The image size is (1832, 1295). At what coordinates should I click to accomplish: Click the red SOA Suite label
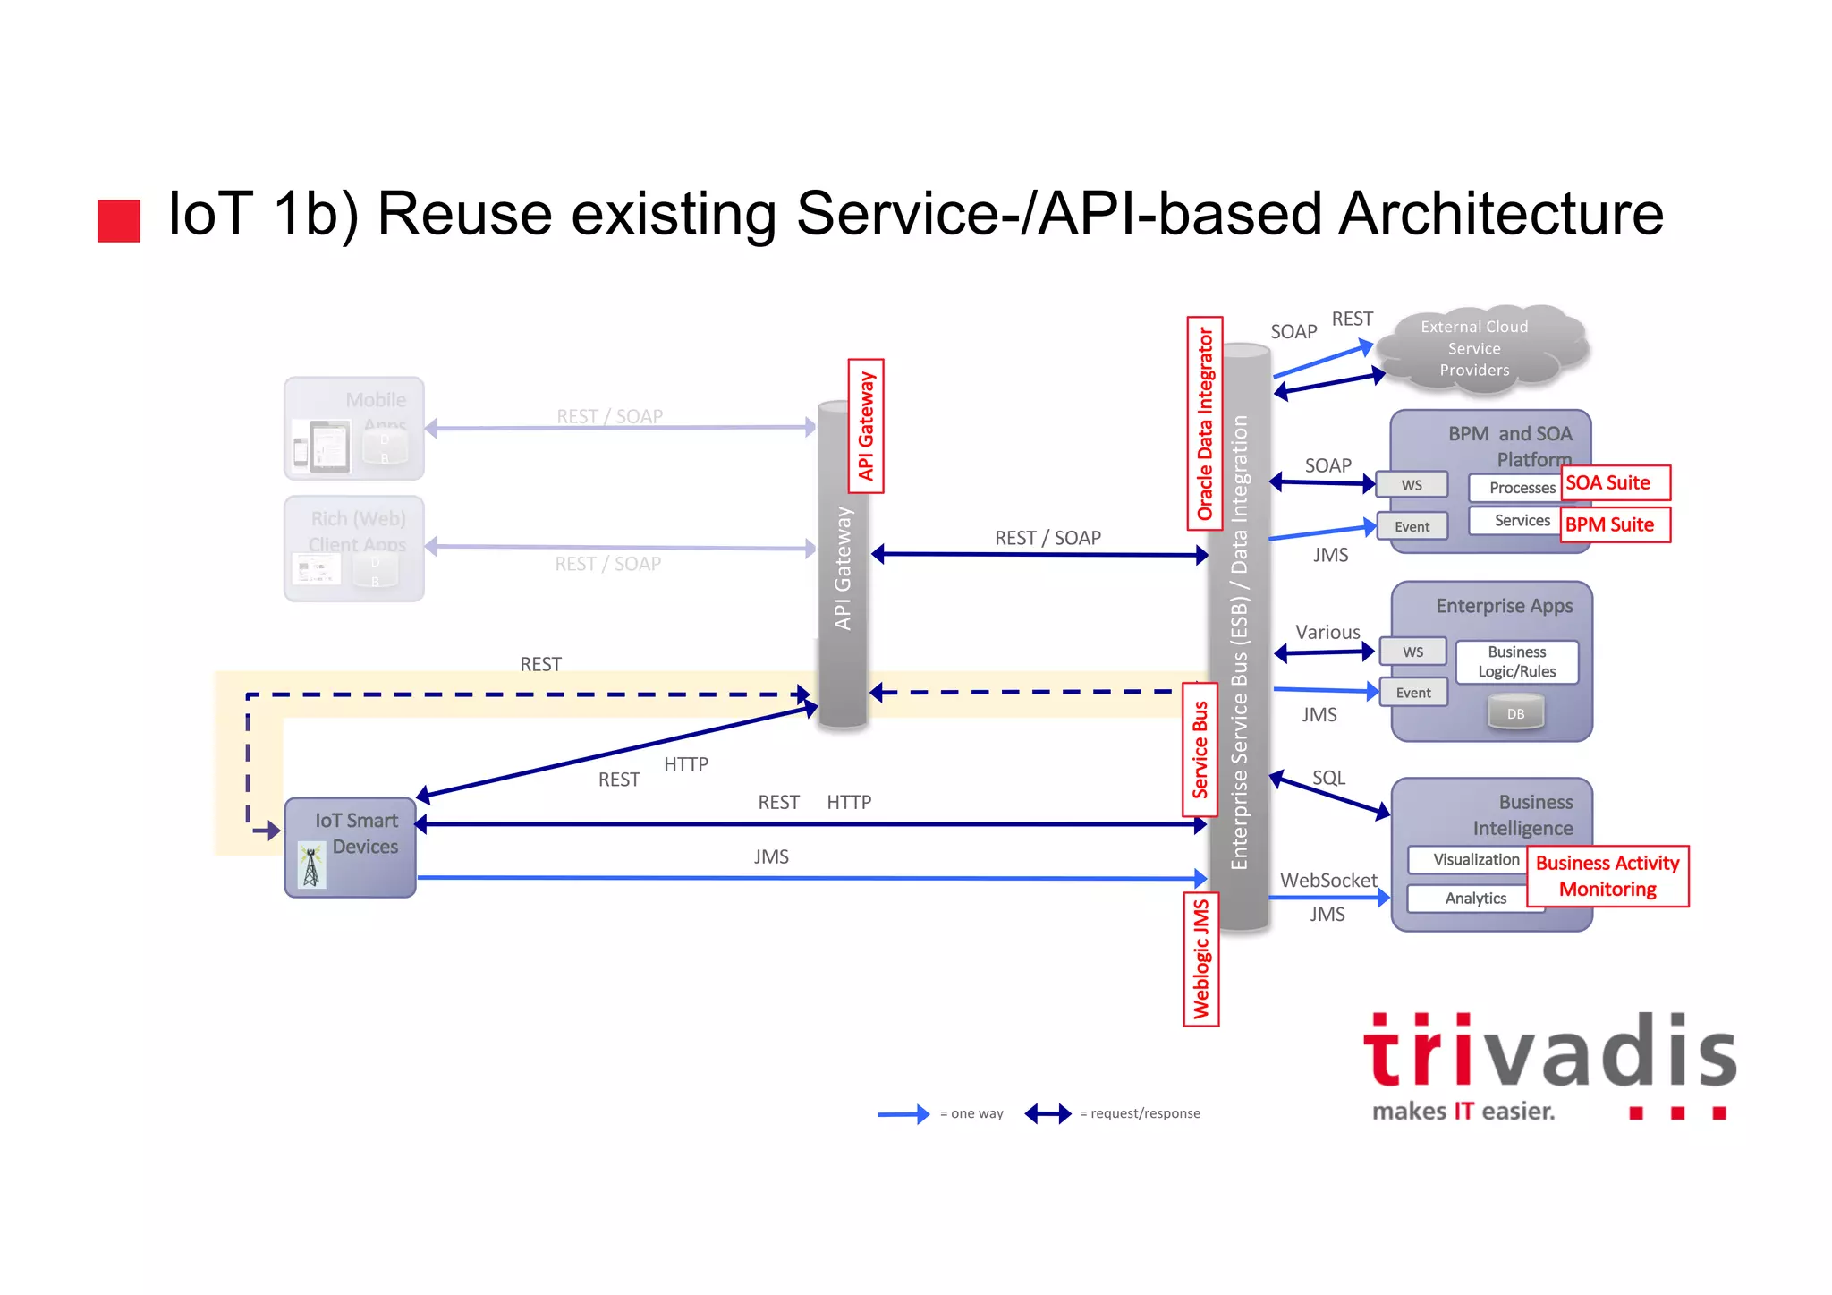(x=1615, y=483)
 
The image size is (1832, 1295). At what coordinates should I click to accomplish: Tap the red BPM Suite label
(x=1615, y=524)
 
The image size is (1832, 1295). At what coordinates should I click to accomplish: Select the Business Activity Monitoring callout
(x=1607, y=876)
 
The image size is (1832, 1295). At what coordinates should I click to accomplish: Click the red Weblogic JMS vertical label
(x=1200, y=959)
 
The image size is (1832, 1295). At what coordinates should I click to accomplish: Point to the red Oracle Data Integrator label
(x=1205, y=423)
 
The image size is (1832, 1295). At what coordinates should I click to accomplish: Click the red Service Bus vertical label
(x=1200, y=749)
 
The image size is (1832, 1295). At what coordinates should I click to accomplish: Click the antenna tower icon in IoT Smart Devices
(x=311, y=865)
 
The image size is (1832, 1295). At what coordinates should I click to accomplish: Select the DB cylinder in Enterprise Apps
(x=1515, y=713)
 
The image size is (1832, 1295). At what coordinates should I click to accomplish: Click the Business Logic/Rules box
(x=1516, y=662)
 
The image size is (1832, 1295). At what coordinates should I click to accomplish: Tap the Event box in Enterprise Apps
(x=1412, y=693)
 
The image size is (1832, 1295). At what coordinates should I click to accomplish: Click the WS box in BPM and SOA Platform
(x=1412, y=485)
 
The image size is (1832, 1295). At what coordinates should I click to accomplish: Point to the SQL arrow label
(x=1328, y=778)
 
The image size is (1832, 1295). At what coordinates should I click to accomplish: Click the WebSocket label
(x=1328, y=881)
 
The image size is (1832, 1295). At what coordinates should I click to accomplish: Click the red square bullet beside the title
(x=119, y=221)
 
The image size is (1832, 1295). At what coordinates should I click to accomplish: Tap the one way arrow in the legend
(x=903, y=1114)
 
